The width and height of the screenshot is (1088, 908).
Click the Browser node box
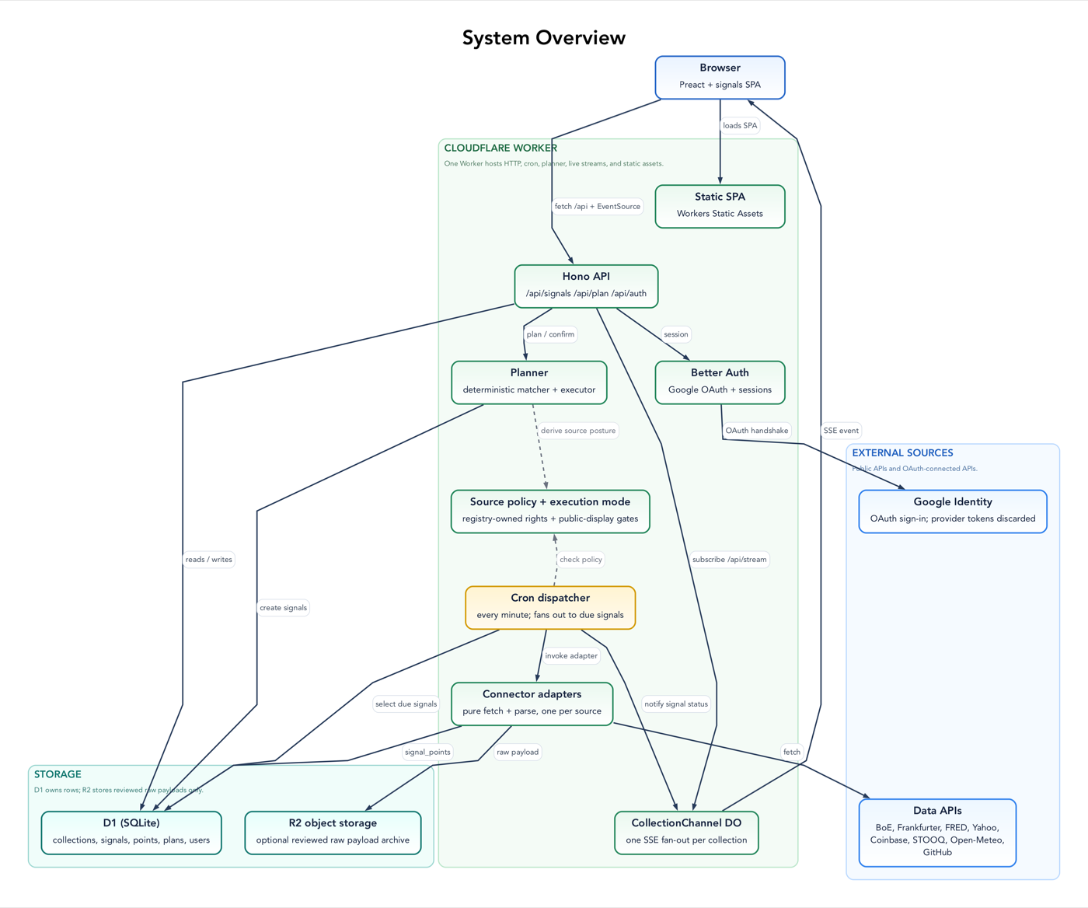point(720,77)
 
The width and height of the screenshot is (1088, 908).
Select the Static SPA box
point(720,206)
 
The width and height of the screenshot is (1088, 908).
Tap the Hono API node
point(586,286)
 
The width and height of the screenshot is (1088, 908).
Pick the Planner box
point(529,382)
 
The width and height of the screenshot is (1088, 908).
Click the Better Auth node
point(720,382)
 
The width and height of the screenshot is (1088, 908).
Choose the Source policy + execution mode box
point(550,512)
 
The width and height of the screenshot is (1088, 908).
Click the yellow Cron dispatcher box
point(550,607)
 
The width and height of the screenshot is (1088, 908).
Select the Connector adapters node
point(532,704)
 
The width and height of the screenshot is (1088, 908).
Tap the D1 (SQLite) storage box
point(131,833)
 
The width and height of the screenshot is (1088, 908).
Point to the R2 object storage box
point(333,833)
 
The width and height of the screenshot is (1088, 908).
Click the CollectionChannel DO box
point(686,833)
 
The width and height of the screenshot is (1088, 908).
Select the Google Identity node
point(953,512)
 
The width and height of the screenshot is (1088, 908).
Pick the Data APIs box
point(937,833)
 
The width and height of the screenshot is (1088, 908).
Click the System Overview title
point(543,37)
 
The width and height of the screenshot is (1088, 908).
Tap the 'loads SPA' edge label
point(740,126)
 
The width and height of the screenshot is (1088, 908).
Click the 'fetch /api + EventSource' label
point(597,207)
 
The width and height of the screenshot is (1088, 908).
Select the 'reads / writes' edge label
point(208,559)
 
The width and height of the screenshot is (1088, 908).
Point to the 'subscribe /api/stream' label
point(730,559)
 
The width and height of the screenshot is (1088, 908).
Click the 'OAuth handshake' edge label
point(757,431)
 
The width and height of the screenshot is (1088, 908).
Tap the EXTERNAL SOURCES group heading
point(902,453)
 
